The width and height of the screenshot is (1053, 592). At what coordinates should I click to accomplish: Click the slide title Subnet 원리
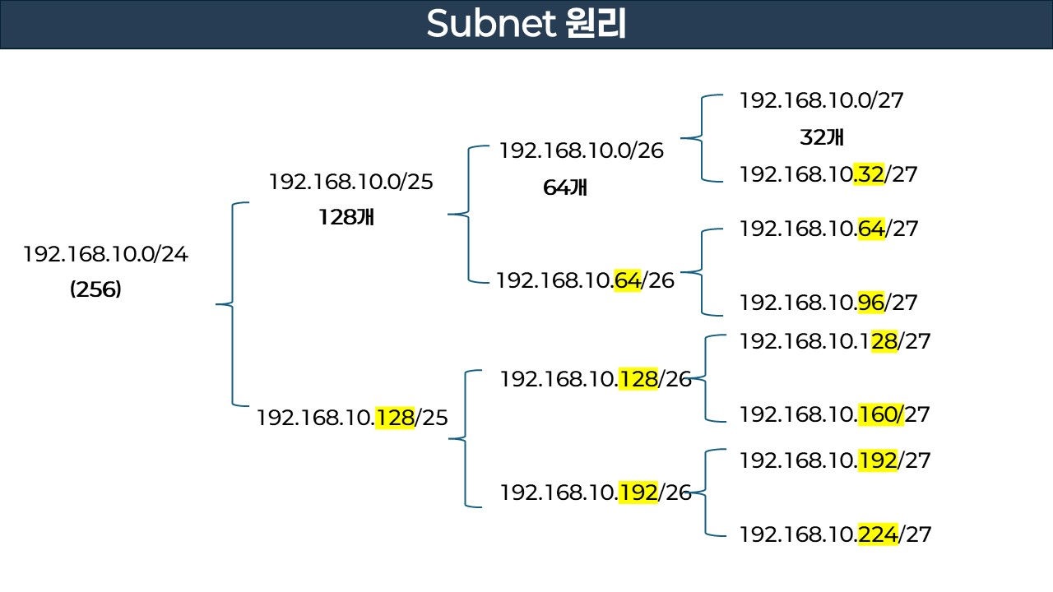coord(526,25)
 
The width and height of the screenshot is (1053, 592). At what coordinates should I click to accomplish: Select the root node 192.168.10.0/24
coord(105,255)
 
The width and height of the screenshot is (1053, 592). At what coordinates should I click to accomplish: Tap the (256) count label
coord(95,289)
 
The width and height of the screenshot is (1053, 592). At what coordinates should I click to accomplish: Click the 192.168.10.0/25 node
coord(350,183)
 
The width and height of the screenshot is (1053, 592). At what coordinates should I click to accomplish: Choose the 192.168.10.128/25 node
coord(352,418)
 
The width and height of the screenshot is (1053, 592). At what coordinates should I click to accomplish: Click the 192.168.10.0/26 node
coord(581,150)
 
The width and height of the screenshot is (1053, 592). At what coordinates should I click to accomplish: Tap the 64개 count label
coord(565,187)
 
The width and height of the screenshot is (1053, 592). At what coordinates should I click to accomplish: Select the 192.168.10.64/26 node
coord(584,281)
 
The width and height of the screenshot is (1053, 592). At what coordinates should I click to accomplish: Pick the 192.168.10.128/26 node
coord(595,379)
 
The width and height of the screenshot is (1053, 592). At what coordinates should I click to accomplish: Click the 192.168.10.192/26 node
coord(595,493)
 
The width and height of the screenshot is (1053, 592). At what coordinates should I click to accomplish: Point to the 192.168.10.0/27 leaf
coord(821,101)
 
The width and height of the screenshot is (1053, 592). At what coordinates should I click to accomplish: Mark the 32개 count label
coord(821,137)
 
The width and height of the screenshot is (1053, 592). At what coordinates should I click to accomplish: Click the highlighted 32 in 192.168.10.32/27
coord(869,174)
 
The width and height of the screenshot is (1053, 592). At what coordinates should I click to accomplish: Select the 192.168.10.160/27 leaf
coord(834,414)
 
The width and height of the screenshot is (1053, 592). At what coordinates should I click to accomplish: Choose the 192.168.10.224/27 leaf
coord(835,534)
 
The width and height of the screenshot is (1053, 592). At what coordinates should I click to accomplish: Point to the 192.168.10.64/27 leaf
coord(828,229)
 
